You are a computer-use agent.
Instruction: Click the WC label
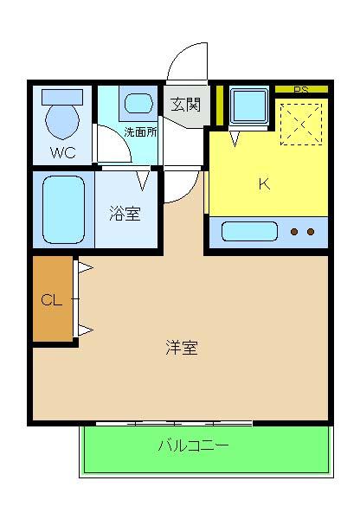click(x=61, y=153)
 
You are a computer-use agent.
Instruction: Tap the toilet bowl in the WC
click(x=62, y=118)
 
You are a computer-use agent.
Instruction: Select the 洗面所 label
click(x=140, y=133)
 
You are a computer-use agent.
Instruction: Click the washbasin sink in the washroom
click(x=138, y=104)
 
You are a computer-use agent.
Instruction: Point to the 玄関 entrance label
click(x=184, y=106)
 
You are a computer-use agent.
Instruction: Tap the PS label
click(x=300, y=90)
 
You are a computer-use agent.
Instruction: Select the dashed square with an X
click(x=302, y=124)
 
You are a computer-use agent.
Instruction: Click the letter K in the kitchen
click(x=265, y=183)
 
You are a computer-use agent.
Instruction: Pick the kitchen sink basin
click(x=249, y=232)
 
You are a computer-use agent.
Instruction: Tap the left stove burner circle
click(x=294, y=232)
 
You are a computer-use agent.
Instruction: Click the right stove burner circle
click(x=310, y=232)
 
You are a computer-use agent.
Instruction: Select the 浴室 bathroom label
click(x=125, y=214)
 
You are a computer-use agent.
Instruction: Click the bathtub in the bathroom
click(x=64, y=210)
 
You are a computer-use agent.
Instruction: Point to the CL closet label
click(x=52, y=301)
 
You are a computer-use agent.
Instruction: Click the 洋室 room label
click(x=182, y=348)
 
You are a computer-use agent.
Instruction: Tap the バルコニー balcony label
click(x=192, y=447)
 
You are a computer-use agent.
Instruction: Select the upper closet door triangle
click(x=84, y=268)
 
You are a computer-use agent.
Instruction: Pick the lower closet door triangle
click(x=84, y=329)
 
